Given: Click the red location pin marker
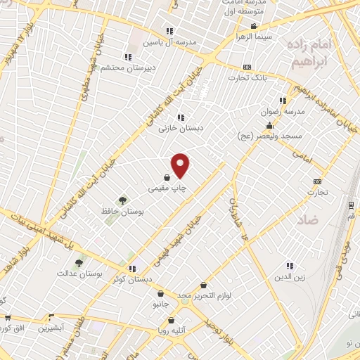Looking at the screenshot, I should [181, 165].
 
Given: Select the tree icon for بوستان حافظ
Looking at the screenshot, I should [123, 200].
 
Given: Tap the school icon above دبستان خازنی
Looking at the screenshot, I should [181, 117].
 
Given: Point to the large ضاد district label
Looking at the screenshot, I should [307, 220].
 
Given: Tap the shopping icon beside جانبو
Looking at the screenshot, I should [161, 294].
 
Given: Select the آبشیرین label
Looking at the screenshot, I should [51, 328].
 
